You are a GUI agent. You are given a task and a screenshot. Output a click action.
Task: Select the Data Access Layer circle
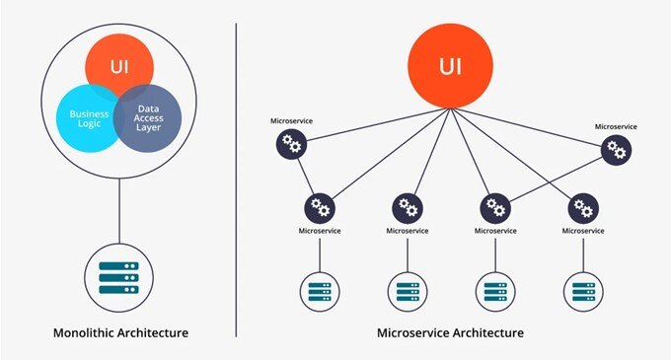click(x=148, y=118)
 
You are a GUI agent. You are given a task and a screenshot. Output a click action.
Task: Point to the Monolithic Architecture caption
click(x=119, y=332)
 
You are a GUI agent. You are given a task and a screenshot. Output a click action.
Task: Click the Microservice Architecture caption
click(x=451, y=332)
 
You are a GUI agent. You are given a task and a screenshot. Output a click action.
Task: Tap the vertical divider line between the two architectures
click(x=236, y=178)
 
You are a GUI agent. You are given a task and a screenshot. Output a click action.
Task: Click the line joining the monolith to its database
click(x=119, y=212)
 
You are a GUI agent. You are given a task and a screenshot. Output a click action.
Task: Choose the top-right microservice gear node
click(x=617, y=150)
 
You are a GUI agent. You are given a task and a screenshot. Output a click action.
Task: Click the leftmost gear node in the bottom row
click(x=319, y=207)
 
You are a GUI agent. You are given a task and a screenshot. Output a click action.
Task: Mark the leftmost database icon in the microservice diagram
click(x=319, y=291)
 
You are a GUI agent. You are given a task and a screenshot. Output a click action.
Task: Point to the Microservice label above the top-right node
click(x=617, y=126)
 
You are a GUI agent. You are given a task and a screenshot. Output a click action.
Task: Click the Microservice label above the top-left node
click(x=291, y=121)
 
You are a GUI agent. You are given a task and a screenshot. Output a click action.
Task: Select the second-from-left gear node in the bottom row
click(x=408, y=207)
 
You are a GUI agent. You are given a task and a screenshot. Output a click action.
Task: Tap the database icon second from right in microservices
click(x=494, y=291)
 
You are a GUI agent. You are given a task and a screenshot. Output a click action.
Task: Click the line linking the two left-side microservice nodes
click(x=305, y=177)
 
